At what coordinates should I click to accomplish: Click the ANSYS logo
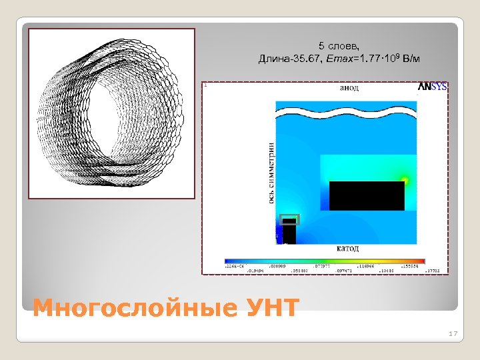point(432,87)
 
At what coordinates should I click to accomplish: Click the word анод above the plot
point(349,87)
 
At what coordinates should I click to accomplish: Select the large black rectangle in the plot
point(367,195)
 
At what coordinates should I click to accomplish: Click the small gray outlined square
point(289,220)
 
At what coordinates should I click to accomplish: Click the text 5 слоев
point(339,46)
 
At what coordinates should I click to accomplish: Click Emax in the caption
point(337,59)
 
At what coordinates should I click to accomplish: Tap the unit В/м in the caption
point(412,59)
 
